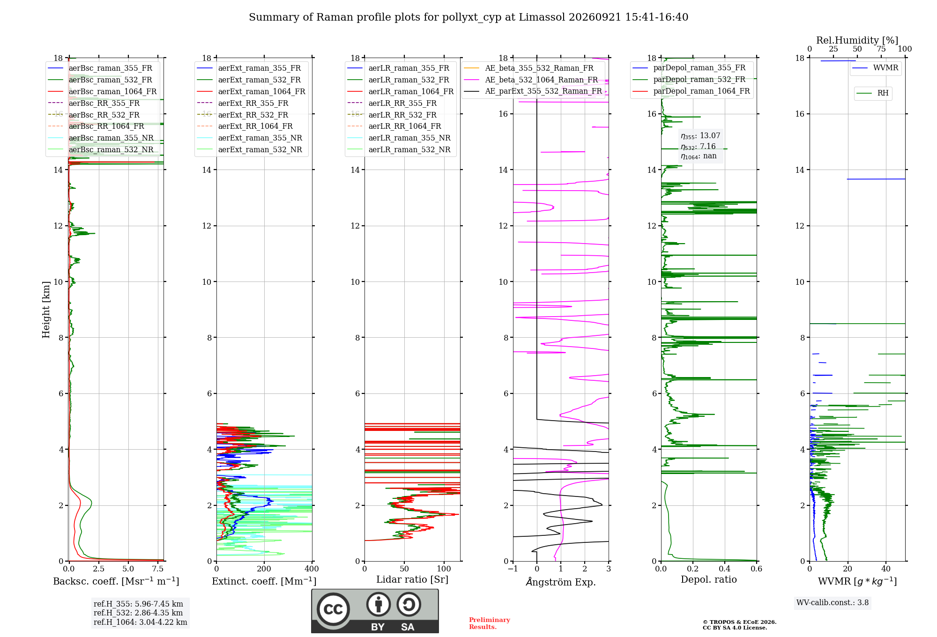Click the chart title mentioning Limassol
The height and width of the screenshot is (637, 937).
468,17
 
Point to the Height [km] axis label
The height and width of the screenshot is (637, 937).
46,310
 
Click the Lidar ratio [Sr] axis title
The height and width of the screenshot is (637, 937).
412,579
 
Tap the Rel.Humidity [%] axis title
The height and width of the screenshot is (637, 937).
857,40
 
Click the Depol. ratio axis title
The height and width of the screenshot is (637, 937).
709,579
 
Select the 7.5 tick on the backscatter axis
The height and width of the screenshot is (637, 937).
158,569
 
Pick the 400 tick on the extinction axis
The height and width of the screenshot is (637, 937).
312,569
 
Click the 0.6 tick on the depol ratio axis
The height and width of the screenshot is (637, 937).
757,569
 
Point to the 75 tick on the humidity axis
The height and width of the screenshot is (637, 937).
881,49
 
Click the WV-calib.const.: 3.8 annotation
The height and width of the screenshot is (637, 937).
833,603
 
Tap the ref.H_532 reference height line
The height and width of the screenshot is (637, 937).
138,613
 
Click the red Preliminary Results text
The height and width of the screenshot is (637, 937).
490,623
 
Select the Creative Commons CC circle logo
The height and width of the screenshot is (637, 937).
333,609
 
